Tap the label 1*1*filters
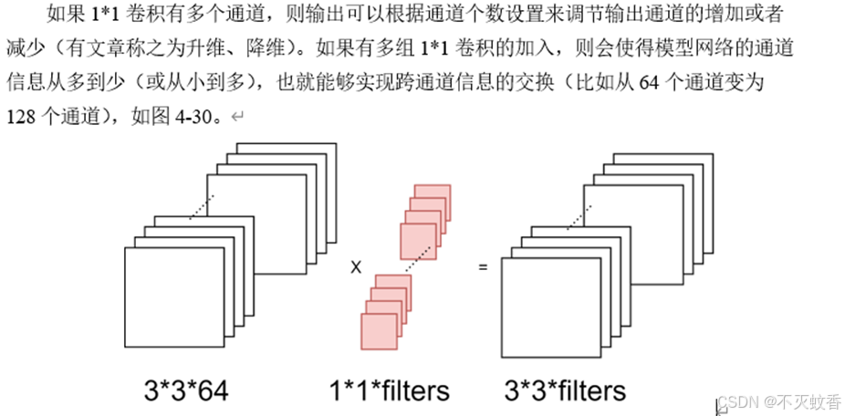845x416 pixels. tap(390, 390)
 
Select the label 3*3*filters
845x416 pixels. tap(565, 390)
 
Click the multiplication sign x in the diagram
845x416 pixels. tap(356, 267)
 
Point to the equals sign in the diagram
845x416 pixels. tap(483, 267)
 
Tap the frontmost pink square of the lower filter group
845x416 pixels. tap(379, 330)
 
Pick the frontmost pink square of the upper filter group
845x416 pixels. tap(418, 240)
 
